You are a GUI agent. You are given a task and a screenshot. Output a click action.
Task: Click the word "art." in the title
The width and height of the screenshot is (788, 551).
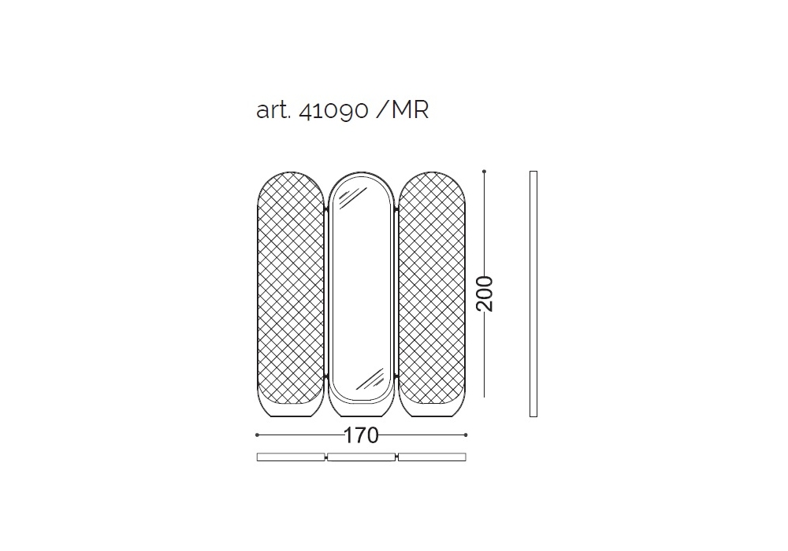point(273,110)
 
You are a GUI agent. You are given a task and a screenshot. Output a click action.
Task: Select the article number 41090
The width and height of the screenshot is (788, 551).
point(333,111)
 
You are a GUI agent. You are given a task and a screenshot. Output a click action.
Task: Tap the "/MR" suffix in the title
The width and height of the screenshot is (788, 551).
point(402,110)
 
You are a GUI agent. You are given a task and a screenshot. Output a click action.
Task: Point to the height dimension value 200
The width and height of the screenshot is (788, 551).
point(485,294)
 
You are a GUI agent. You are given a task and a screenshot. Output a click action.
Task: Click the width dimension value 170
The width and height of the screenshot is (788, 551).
point(361,435)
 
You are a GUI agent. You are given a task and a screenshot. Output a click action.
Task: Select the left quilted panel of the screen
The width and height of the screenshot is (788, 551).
point(291,294)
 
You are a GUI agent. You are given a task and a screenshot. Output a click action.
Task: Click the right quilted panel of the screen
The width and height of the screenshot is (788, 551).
point(432,294)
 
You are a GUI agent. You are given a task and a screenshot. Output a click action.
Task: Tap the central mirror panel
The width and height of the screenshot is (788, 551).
point(361,294)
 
